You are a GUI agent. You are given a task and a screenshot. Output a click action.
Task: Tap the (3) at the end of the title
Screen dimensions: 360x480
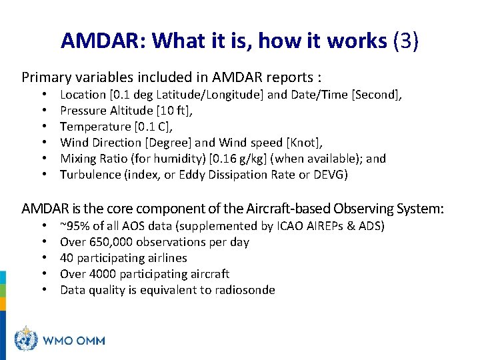pos(406,41)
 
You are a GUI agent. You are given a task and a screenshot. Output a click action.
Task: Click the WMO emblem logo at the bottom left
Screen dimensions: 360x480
pos(26,340)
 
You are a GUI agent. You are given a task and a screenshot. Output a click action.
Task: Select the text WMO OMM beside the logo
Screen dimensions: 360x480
pos(74,341)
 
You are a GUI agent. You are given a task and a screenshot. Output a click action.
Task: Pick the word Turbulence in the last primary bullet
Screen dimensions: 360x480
pos(91,175)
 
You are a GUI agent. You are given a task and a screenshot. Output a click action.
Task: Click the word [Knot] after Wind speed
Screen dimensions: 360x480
pos(303,143)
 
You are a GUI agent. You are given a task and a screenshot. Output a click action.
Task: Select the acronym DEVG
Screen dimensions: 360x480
pos(331,175)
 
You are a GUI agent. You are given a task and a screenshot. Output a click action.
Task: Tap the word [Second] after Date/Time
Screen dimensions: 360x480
pos(377,95)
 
